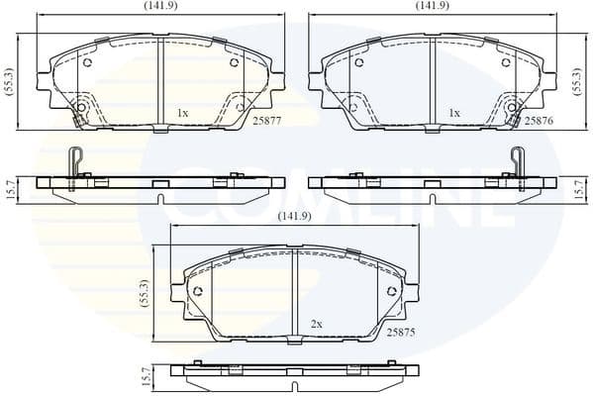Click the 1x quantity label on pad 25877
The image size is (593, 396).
click(x=182, y=113)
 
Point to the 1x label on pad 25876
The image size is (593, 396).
click(x=454, y=113)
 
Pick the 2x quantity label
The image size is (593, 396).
click(x=317, y=324)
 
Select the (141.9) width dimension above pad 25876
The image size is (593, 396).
click(x=432, y=6)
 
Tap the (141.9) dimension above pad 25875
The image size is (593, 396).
click(x=295, y=216)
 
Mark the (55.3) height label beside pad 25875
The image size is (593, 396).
click(x=145, y=295)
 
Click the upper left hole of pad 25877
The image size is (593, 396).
click(x=87, y=63)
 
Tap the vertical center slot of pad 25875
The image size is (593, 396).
click(x=295, y=292)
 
